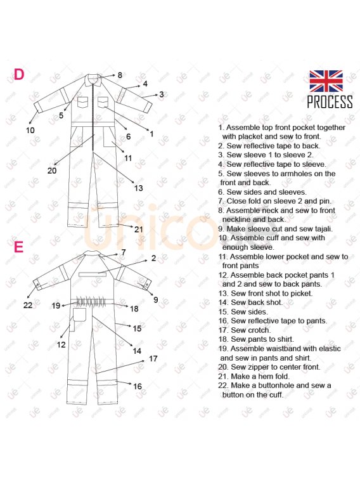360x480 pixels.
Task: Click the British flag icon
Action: point(326,81)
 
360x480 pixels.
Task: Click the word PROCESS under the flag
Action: point(330,102)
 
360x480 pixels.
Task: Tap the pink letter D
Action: point(18,74)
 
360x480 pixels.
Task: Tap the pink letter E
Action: point(18,247)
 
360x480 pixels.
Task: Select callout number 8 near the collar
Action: point(120,75)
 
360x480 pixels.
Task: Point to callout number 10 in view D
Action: point(30,131)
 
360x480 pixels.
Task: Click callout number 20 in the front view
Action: point(52,171)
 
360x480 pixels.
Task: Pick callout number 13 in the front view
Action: point(139,188)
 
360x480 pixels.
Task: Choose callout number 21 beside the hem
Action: point(139,230)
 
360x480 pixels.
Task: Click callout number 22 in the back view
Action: point(28,305)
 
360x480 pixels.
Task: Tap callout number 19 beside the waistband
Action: point(56,306)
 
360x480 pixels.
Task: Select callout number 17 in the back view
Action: point(153,358)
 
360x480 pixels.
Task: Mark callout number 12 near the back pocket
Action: point(61,345)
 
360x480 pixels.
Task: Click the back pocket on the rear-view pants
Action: point(79,315)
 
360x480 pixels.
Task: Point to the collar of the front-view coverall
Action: point(94,79)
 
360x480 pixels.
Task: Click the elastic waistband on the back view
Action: point(91,301)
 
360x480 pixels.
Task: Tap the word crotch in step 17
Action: point(260,330)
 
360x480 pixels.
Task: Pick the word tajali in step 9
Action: point(322,229)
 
